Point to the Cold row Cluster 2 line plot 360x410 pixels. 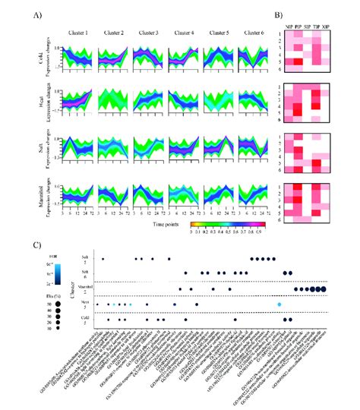[x=112, y=57]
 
